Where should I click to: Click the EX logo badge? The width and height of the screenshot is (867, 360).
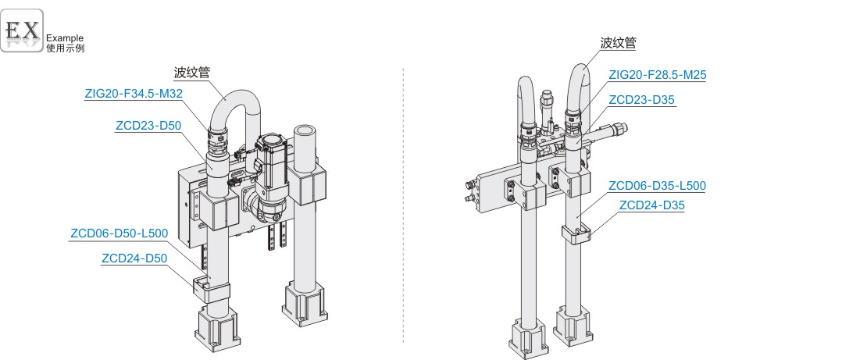click(x=22, y=30)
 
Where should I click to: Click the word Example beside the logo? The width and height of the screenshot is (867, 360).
click(x=65, y=38)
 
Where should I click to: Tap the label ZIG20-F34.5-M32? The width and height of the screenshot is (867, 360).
click(x=134, y=94)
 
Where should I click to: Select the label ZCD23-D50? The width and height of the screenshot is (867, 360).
click(x=148, y=126)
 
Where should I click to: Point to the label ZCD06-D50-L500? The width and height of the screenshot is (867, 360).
click(x=119, y=234)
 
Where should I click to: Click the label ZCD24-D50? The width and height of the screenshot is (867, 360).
click(x=134, y=258)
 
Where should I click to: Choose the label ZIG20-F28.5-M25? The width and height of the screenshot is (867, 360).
click(x=658, y=75)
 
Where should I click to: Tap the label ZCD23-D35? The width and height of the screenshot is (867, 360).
click(x=641, y=100)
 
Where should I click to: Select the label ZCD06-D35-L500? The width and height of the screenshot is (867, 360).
click(x=657, y=186)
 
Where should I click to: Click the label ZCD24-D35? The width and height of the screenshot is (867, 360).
click(x=652, y=205)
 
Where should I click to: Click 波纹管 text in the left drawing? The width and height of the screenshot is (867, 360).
click(x=192, y=73)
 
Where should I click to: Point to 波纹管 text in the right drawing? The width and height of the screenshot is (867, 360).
click(x=618, y=43)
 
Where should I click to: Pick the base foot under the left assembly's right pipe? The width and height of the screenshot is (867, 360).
click(x=304, y=306)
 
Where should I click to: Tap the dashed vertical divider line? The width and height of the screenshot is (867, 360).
click(x=403, y=205)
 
